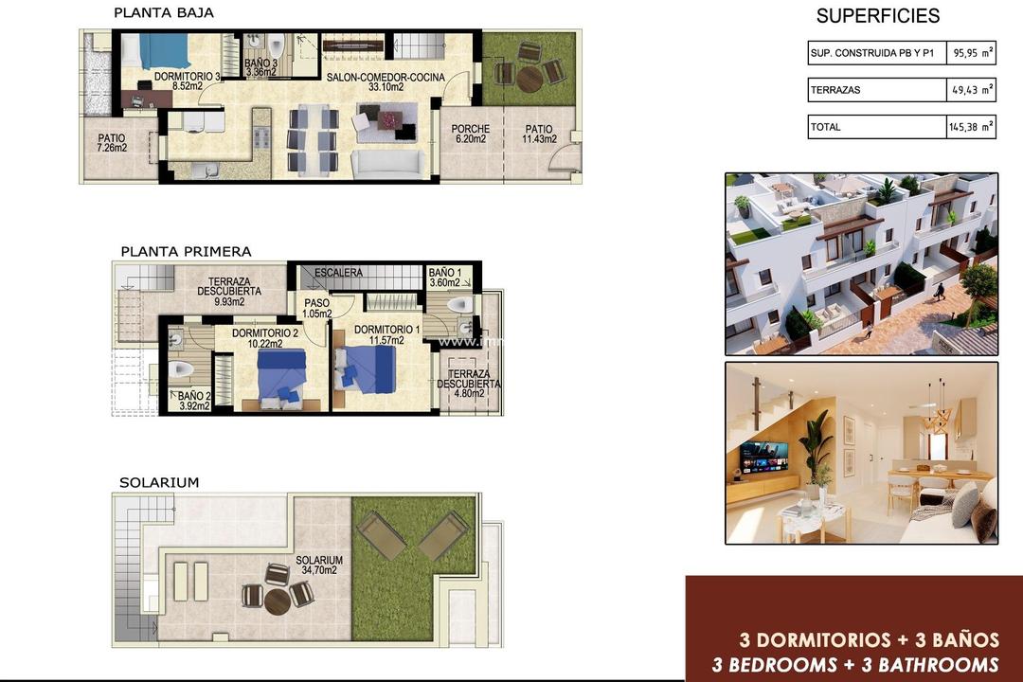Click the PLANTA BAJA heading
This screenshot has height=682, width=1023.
163,13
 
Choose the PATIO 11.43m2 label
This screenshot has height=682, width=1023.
539,135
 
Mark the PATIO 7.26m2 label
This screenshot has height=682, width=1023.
111,143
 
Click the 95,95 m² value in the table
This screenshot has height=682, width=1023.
971,53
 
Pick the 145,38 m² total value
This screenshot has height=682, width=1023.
970,126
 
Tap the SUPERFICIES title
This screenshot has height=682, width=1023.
877,16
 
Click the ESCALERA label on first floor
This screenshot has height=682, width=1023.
338,273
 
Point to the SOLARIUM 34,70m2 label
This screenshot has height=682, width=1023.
319,565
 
